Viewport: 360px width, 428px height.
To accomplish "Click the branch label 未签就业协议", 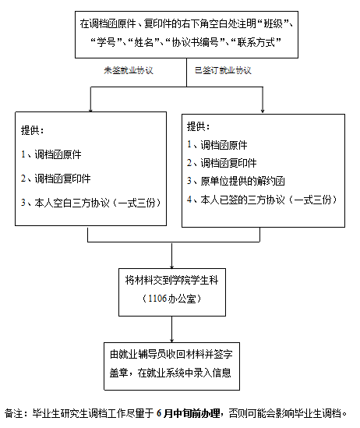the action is coord(129,70).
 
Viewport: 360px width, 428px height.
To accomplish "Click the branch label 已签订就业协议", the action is coord(223,70).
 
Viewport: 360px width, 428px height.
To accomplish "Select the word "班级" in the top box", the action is coord(273,23).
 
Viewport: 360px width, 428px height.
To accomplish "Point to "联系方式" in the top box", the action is coord(256,42).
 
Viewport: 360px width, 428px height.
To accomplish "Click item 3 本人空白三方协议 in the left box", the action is coord(91,203).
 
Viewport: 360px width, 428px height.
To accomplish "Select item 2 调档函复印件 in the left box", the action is coord(55,179).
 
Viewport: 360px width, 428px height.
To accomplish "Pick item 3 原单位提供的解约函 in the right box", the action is coord(235,181).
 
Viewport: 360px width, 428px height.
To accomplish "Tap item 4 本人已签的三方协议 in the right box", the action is coord(262,200).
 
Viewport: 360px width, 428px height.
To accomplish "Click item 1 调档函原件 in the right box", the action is coord(217,145).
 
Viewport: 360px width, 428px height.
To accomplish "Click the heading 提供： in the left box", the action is coord(33,130).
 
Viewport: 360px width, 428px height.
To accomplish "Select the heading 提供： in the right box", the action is coord(198,126).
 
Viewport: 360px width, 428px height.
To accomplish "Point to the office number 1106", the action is coord(157,299).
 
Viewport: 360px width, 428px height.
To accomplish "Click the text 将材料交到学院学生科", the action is coord(171,281).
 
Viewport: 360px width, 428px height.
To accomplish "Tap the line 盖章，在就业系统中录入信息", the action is coord(171,373).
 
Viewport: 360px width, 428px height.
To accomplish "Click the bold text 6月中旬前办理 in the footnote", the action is coord(189,413).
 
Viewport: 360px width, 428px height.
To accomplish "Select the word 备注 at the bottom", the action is coord(14,413).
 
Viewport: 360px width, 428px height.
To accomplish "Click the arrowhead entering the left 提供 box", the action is coord(90,110).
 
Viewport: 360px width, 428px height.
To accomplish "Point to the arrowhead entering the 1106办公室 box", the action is coord(171,267).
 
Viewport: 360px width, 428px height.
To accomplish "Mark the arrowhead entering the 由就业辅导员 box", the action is coord(171,341).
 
